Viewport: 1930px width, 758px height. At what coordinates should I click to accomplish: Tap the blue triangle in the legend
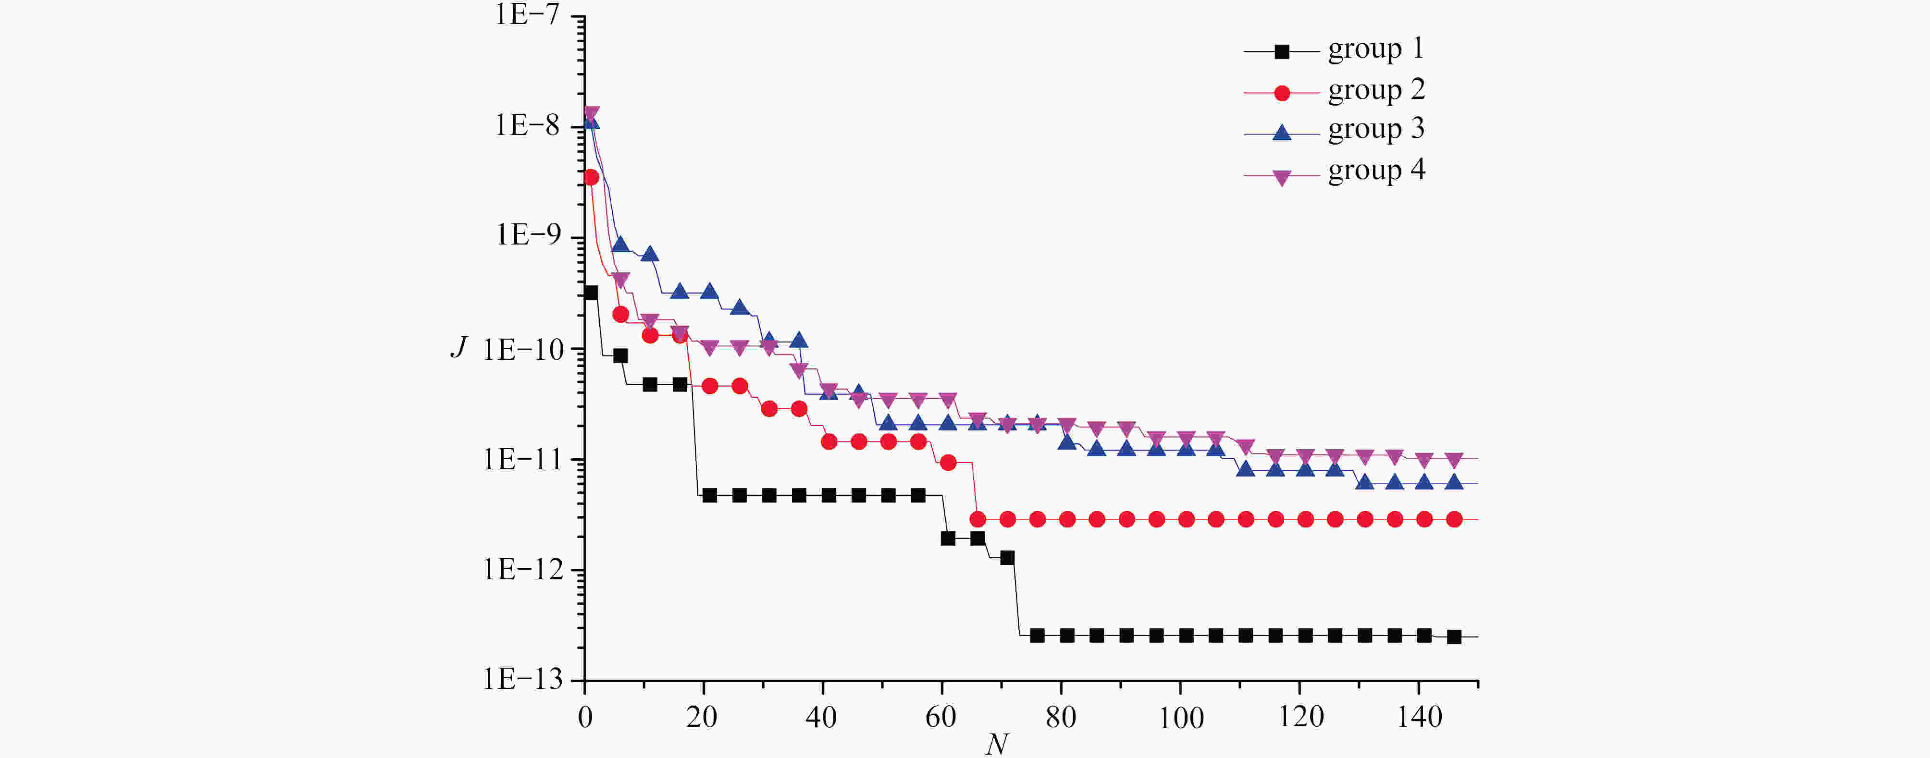coord(1282,133)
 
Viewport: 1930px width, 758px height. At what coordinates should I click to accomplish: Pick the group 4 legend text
coord(1375,171)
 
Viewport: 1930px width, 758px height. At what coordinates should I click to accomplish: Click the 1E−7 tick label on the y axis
coord(527,15)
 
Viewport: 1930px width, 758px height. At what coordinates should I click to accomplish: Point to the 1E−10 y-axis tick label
coord(521,350)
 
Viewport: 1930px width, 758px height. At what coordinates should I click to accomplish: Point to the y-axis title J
coord(458,347)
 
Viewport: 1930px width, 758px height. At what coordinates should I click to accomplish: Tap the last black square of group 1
coord(1453,636)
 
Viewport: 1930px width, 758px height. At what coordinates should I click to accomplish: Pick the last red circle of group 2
coord(1453,519)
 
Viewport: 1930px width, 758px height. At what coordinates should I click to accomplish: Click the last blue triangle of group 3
coord(1453,482)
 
